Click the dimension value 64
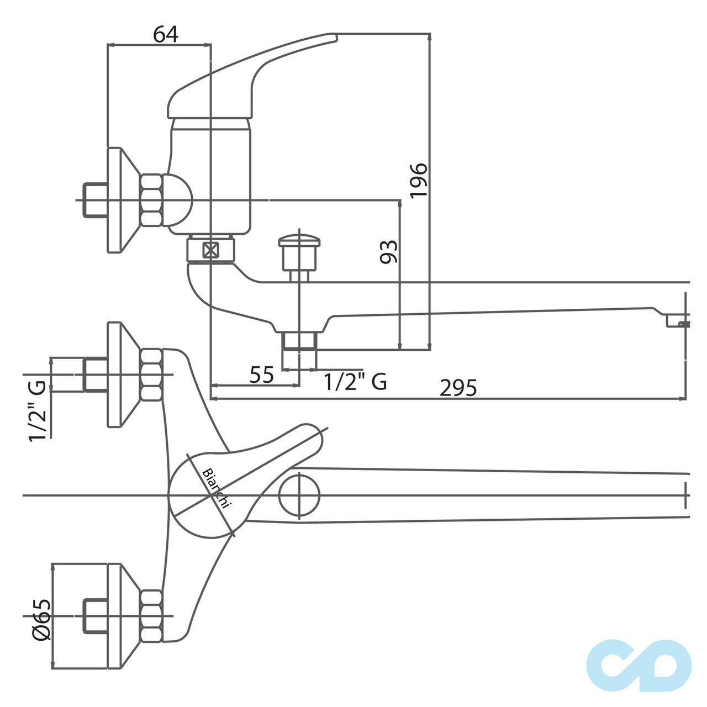coord(166,34)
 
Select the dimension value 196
coord(419,180)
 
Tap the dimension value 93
coord(390,252)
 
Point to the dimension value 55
coord(262,376)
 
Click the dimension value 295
coord(458,388)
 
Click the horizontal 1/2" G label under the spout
coord(355,381)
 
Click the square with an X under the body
coord(210,251)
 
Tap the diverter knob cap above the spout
coord(300,241)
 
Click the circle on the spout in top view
coord(299,495)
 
